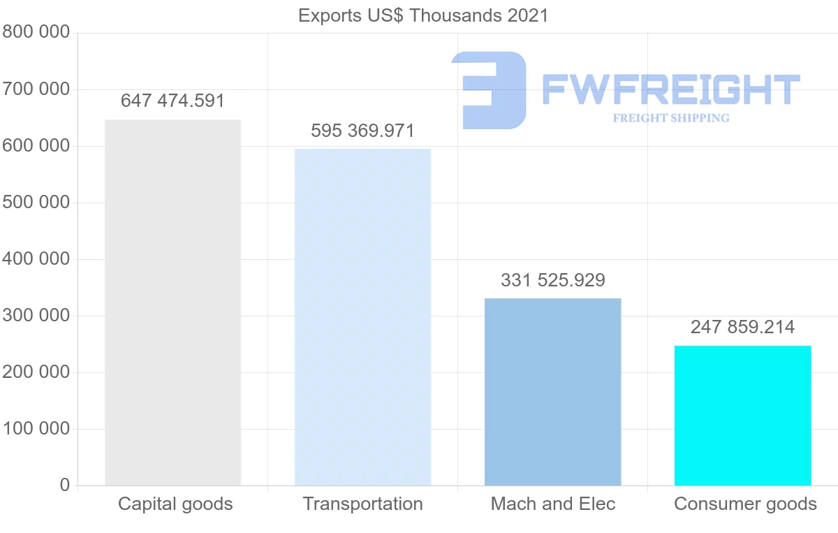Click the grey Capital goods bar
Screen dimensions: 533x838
[172, 302]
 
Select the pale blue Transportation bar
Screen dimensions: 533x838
[362, 317]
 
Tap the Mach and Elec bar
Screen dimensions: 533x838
[552, 392]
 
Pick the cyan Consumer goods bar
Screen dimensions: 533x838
[742, 416]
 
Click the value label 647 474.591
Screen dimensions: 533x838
[172, 101]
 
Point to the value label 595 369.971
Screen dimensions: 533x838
[362, 131]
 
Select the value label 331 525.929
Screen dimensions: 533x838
[552, 280]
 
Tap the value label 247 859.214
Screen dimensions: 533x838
[742, 326]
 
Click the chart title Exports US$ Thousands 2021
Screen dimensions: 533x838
[423, 15]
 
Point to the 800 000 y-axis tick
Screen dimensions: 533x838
[36, 32]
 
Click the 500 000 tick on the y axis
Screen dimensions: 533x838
[36, 203]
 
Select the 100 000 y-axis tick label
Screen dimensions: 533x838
[36, 428]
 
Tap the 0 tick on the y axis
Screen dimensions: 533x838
[65, 485]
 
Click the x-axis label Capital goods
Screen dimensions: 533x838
[175, 504]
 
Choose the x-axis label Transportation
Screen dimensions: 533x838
[362, 504]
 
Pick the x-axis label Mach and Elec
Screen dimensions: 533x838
[552, 504]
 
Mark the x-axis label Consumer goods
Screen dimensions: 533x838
[745, 504]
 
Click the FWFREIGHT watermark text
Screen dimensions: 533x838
[670, 89]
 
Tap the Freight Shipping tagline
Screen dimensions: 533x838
[671, 118]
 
